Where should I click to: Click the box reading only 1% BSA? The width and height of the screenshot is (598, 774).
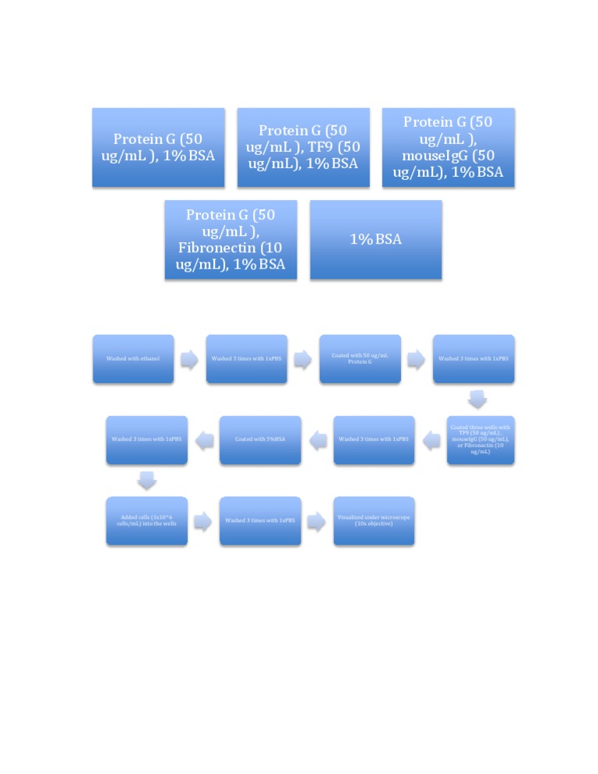pyautogui.click(x=375, y=239)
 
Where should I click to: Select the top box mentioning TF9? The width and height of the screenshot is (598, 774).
pyautogui.click(x=303, y=147)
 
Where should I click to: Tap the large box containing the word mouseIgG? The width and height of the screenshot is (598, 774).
pyautogui.click(x=448, y=147)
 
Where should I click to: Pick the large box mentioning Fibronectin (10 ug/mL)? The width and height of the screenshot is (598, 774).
pyautogui.click(x=230, y=239)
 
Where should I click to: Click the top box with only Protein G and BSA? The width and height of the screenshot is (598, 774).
pyautogui.click(x=158, y=147)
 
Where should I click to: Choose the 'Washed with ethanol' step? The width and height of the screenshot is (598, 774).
pyautogui.click(x=133, y=359)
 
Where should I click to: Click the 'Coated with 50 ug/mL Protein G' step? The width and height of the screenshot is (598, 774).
pyautogui.click(x=360, y=359)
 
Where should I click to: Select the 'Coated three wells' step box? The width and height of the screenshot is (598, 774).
pyautogui.click(x=480, y=440)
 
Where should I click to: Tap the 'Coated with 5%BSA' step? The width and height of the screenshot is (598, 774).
pyautogui.click(x=260, y=440)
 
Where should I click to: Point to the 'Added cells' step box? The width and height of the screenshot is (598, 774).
pyautogui.click(x=147, y=521)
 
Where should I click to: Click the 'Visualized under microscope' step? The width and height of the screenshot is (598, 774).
pyautogui.click(x=374, y=521)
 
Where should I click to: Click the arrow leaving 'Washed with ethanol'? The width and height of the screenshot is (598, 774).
pyautogui.click(x=189, y=359)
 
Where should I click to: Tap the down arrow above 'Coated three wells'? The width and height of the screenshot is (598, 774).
pyautogui.click(x=477, y=399)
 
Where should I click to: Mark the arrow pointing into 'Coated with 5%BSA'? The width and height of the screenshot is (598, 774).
pyautogui.click(x=318, y=441)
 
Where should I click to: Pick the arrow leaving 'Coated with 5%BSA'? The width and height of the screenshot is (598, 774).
pyautogui.click(x=204, y=441)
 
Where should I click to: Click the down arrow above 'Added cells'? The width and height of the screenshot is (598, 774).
pyautogui.click(x=147, y=481)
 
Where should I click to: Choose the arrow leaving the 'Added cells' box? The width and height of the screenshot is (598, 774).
pyautogui.click(x=203, y=521)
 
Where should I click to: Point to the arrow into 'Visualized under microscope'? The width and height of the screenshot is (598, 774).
pyautogui.click(x=316, y=521)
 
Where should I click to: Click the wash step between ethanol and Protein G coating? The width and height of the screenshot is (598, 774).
pyautogui.click(x=246, y=359)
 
